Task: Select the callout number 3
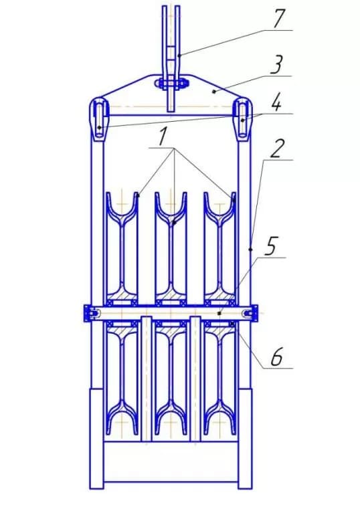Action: [x=276, y=65]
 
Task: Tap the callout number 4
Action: [x=276, y=104]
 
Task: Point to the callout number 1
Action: [x=162, y=137]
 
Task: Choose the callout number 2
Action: [x=276, y=149]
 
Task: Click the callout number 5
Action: [x=271, y=245]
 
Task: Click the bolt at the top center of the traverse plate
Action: [x=171, y=83]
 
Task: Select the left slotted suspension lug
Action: [x=99, y=119]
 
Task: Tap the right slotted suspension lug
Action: [x=243, y=119]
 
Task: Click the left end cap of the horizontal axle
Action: [x=90, y=313]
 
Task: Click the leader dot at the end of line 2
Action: [x=250, y=249]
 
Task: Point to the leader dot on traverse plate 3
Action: [x=214, y=92]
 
